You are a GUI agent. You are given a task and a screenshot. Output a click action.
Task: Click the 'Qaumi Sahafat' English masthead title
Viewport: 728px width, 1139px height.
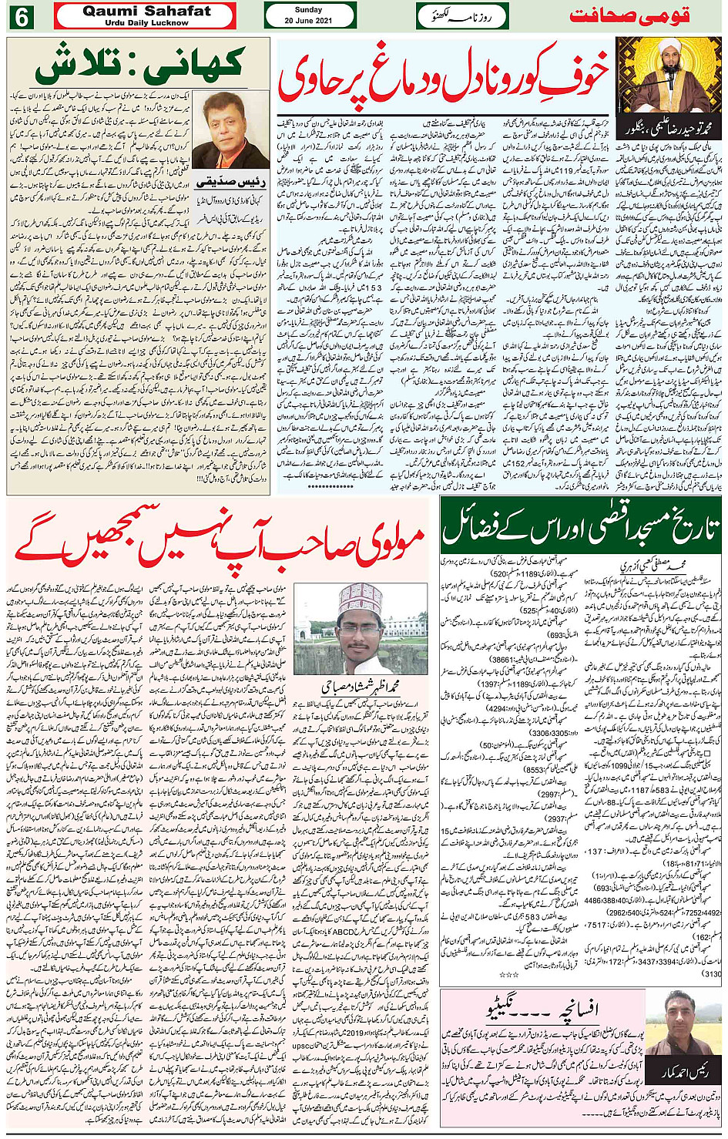coord(146,11)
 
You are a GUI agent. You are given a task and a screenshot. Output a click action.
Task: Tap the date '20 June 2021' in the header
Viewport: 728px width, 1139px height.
coord(308,21)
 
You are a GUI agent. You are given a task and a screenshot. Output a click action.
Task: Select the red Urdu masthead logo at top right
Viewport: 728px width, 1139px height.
coord(628,15)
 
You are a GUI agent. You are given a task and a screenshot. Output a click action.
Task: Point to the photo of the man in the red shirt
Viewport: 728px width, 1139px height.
coord(230,129)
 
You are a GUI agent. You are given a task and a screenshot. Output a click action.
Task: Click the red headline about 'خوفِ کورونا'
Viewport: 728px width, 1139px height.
coord(443,77)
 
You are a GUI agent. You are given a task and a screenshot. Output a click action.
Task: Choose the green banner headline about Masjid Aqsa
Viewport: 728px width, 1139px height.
coord(581,526)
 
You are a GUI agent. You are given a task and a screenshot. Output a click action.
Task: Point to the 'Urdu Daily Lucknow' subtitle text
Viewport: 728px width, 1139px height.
coord(146,23)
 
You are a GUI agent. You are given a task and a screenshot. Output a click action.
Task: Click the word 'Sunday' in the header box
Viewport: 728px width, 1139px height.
coord(308,10)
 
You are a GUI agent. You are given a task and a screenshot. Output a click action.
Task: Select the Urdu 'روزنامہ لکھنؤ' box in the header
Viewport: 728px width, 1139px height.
coord(463,15)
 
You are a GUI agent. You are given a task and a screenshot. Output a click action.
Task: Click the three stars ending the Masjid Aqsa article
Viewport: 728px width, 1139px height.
coord(508,975)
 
